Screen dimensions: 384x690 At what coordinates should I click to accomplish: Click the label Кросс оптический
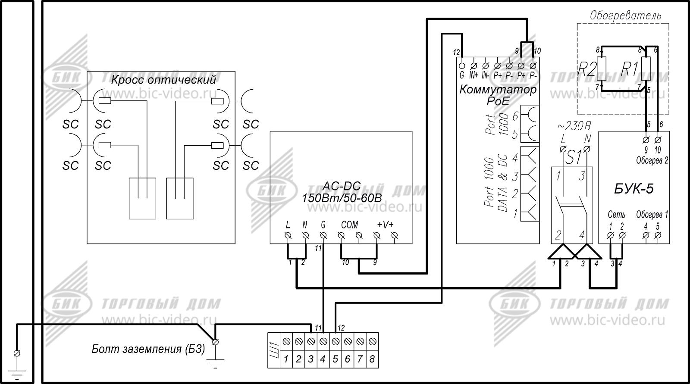163,80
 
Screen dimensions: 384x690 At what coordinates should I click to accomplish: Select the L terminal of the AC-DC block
288,235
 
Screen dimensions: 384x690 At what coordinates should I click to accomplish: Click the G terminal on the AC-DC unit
323,235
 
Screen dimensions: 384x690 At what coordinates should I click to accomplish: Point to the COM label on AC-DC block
349,225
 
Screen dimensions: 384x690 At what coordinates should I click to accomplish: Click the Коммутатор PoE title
498,95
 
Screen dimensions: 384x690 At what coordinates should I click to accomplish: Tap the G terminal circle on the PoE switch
461,66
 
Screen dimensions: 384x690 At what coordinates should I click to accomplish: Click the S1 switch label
574,158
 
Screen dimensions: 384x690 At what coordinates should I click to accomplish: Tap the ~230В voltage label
574,126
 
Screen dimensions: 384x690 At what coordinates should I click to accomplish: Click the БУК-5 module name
634,189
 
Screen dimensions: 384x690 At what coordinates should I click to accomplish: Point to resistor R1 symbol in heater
646,69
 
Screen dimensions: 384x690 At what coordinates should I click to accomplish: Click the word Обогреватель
625,16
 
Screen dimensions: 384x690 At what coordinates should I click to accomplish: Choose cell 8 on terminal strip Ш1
372,359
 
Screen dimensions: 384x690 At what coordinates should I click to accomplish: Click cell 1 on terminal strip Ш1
285,359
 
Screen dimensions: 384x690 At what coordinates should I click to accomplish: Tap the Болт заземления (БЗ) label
148,349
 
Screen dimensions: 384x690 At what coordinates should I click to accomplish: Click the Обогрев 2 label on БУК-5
652,161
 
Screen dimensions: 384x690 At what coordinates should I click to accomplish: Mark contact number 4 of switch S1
582,235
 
